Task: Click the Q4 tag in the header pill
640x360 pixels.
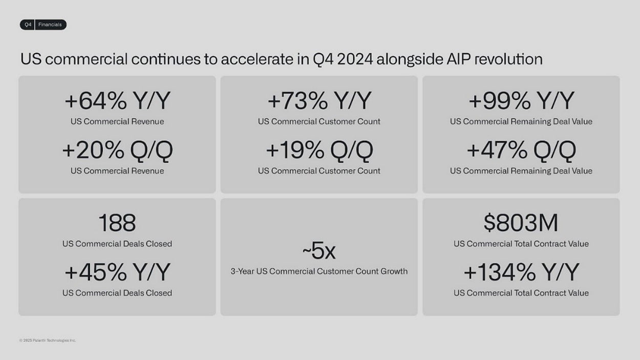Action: pos(28,25)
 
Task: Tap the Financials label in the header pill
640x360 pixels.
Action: pos(50,25)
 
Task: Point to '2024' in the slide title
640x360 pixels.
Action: pos(355,59)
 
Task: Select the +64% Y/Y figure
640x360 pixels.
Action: pos(117,100)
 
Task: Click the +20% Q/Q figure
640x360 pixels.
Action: pos(117,151)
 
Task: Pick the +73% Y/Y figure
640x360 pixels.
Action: pos(319,100)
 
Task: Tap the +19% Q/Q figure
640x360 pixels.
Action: pos(319,151)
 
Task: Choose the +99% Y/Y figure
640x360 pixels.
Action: pos(521,100)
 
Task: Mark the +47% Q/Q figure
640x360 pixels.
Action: pos(521,151)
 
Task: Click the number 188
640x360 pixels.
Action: pos(117,223)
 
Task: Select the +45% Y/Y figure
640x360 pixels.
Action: pos(117,272)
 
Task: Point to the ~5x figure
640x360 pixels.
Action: pos(319,250)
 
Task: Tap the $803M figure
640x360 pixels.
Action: pos(521,223)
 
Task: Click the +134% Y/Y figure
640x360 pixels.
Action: pos(521,272)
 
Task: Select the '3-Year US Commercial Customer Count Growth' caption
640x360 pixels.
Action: pos(319,271)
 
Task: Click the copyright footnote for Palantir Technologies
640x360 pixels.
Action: pos(48,341)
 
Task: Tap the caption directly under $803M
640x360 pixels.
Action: pos(521,244)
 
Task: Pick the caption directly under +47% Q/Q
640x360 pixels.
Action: pos(521,171)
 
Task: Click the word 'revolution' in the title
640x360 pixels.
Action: pos(508,59)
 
